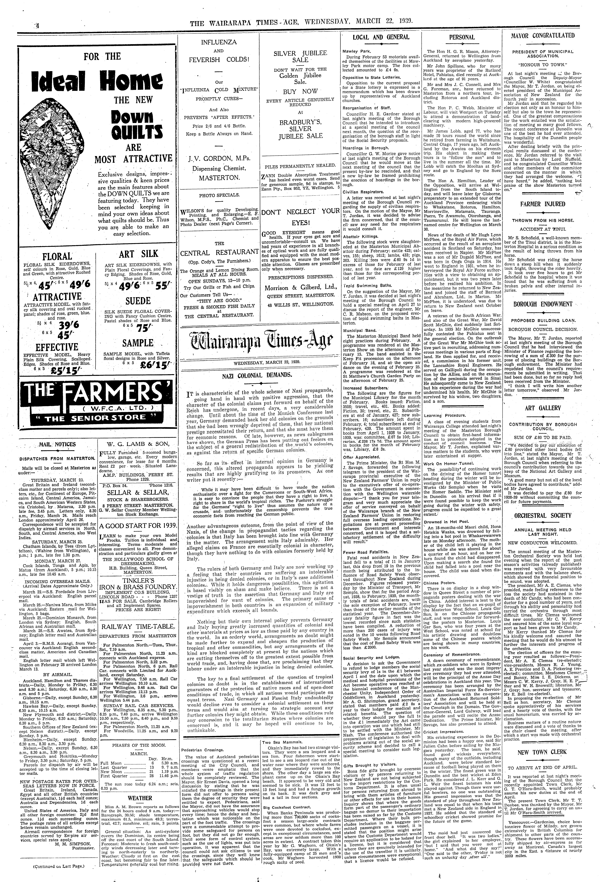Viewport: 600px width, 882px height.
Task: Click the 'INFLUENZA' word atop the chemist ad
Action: click(x=218, y=42)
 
